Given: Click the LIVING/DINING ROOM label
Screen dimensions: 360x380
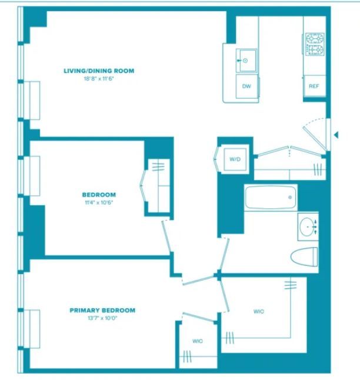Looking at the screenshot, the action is [99, 71].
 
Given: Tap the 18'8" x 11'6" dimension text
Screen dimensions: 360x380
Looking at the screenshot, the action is [99, 78].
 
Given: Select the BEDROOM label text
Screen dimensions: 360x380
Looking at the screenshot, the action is [99, 195].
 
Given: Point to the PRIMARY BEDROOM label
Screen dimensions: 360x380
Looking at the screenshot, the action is [102, 310].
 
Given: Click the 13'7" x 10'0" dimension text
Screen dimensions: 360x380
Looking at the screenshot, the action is [102, 318].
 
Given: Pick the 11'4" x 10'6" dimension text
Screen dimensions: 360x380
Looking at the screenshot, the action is [99, 202].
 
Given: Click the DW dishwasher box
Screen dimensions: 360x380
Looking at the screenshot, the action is [246, 86].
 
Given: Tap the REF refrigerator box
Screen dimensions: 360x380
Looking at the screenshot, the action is [314, 86].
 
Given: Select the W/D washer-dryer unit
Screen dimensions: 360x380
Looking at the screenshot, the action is [235, 159].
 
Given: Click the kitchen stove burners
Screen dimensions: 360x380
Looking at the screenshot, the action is [315, 44].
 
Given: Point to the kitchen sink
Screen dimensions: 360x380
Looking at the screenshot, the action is [246, 61].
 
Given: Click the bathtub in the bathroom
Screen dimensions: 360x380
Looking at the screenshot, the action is [271, 198].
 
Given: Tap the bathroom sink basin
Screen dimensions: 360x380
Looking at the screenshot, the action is [308, 227].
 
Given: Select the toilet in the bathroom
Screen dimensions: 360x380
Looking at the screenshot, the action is [304, 256].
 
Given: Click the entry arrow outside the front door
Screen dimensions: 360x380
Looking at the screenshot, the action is [336, 135].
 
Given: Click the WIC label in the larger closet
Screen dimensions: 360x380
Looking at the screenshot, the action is [259, 311].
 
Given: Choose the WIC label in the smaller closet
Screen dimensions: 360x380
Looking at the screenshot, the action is [198, 341].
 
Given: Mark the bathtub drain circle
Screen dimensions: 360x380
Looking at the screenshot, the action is [290, 197].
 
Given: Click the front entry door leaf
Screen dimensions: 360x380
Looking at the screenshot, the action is [314, 139].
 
